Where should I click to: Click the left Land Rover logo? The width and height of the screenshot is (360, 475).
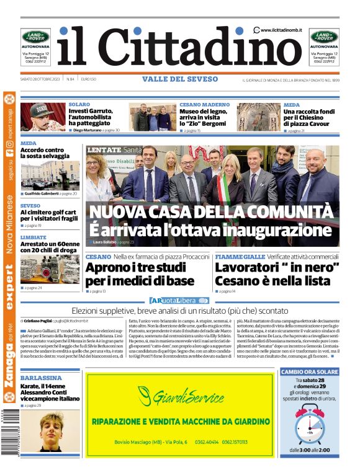click(35, 37)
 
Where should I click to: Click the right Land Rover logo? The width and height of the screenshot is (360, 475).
click(324, 37)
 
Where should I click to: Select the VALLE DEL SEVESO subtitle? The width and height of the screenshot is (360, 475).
click(180, 79)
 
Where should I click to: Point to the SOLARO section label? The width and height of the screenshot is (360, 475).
click(79, 105)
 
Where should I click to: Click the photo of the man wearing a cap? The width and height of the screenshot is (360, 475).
click(42, 117)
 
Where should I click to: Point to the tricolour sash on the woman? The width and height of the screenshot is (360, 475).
click(222, 187)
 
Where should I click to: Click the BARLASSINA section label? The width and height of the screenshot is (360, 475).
click(41, 378)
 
